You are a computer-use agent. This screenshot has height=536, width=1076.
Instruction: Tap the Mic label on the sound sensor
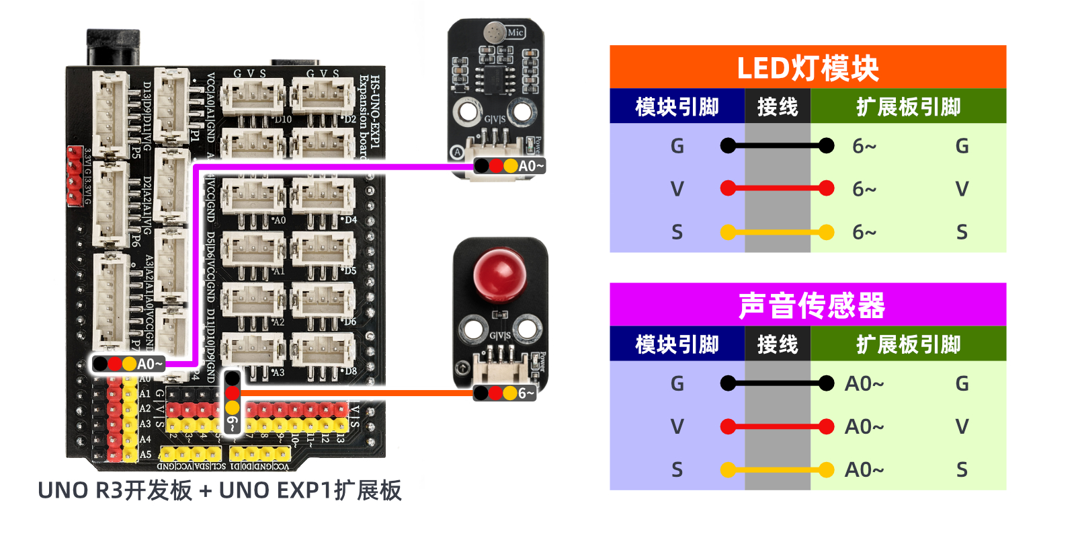[x=515, y=32]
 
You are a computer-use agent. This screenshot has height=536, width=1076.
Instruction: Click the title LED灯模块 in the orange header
[x=807, y=68]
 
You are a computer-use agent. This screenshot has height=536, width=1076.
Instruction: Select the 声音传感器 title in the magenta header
[x=811, y=305]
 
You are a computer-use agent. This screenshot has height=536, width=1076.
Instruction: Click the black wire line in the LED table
[x=777, y=145]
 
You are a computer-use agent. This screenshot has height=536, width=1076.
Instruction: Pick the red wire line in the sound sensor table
[x=777, y=426]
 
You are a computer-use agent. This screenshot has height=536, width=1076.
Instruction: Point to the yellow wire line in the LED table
[x=777, y=233]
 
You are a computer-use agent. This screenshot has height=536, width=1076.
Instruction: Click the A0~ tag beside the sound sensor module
[x=530, y=165]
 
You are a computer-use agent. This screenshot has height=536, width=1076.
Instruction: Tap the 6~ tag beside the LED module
[x=526, y=393]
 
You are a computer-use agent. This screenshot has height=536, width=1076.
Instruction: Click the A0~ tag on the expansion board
[x=149, y=364]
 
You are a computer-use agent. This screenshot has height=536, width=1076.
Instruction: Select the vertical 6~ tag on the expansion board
[x=232, y=422]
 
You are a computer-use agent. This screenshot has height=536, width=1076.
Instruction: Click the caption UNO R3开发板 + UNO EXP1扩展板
[x=220, y=490]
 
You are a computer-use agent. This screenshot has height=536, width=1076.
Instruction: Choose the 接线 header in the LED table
[x=777, y=107]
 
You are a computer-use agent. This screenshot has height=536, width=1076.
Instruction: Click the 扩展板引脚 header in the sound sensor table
[x=908, y=344]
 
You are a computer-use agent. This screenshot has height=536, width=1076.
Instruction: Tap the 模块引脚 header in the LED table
[x=677, y=107]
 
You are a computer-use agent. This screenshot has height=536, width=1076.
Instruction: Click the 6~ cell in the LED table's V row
[x=864, y=190]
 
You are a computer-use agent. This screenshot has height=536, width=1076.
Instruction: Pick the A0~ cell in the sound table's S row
[x=864, y=469]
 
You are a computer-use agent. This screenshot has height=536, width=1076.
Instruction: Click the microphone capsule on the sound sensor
[x=495, y=32]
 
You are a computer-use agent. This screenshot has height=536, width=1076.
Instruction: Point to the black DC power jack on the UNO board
[x=113, y=47]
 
